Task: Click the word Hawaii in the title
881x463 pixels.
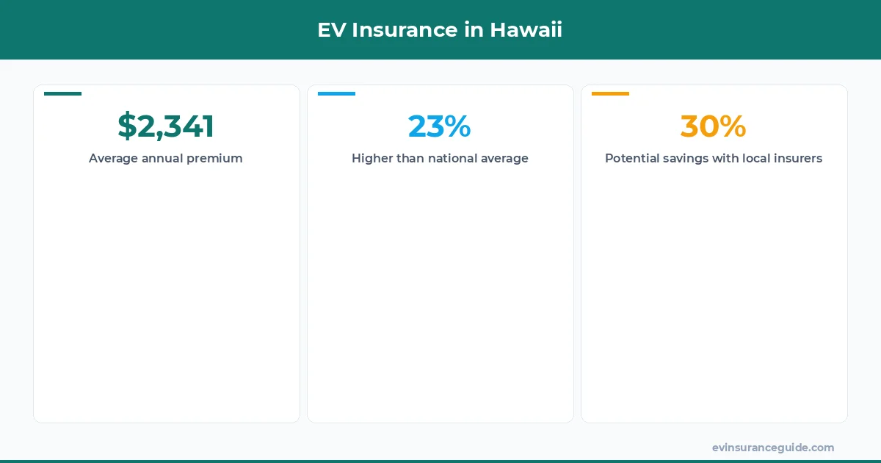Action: pyautogui.click(x=526, y=30)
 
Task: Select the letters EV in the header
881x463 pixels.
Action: pyautogui.click(x=330, y=30)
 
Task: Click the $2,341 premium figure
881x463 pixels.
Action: pyautogui.click(x=166, y=126)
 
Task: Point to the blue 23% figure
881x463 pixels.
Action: pyautogui.click(x=440, y=126)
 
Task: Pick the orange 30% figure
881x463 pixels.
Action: pyautogui.click(x=714, y=126)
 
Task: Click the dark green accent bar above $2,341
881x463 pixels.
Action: pyautogui.click(x=63, y=93)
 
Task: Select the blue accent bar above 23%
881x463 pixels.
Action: pyautogui.click(x=336, y=93)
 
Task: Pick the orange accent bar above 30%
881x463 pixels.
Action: pyautogui.click(x=610, y=93)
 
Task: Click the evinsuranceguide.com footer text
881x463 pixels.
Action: pyautogui.click(x=773, y=448)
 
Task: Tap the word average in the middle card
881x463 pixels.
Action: pyautogui.click(x=504, y=159)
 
